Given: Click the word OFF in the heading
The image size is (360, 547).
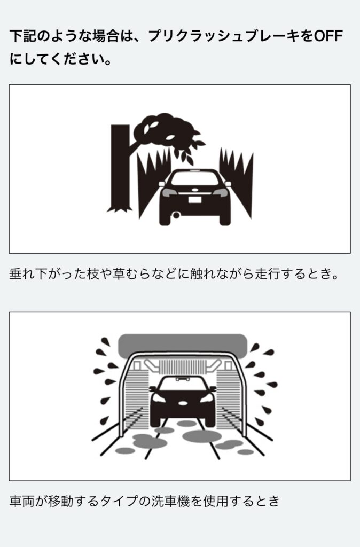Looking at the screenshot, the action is pyautogui.click(x=328, y=36).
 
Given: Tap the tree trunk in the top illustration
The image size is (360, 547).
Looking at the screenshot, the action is pyautogui.click(x=120, y=167).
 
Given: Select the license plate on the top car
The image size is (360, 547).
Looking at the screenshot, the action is pyautogui.click(x=195, y=200).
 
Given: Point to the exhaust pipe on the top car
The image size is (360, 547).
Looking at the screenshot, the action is pyautogui.click(x=176, y=215).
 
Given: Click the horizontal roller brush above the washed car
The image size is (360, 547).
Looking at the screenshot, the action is pyautogui.click(x=183, y=366).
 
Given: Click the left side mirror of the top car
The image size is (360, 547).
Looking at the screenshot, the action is pyautogui.click(x=161, y=184).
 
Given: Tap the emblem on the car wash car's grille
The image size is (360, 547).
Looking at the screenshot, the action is pyautogui.click(x=183, y=403).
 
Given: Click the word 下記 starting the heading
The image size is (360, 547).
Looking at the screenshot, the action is pyautogui.click(x=22, y=36).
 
